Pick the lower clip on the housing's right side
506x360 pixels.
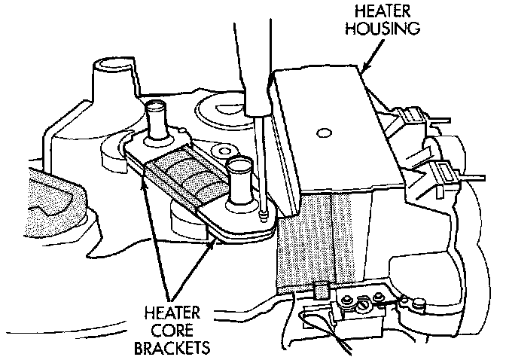(x=444, y=172)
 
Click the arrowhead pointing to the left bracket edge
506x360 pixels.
(x=144, y=179)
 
